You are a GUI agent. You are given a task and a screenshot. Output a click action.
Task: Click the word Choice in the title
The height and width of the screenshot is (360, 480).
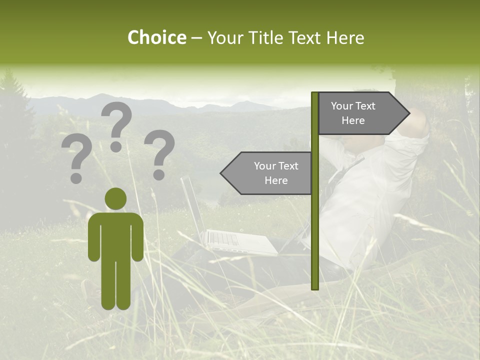pos(156,38)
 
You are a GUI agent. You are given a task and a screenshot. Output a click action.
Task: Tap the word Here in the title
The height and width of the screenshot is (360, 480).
pos(345,38)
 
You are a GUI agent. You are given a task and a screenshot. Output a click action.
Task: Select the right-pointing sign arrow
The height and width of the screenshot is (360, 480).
pos(360,113)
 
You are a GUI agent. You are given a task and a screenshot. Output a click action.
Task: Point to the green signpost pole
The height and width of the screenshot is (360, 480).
pos(315,225)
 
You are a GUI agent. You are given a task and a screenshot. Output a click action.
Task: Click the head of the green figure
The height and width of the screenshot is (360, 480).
pos(115,198)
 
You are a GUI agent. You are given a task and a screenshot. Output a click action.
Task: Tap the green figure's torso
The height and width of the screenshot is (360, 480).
pos(115,235)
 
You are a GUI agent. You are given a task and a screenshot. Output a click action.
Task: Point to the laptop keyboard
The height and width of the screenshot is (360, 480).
pos(225,238)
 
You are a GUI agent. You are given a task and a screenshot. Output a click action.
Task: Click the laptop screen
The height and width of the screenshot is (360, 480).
pos(192,205)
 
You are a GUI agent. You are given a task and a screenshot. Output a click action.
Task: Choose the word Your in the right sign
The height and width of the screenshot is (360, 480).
pos(341,106)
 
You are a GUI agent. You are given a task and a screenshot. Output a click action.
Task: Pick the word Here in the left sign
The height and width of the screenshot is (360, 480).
pos(276,180)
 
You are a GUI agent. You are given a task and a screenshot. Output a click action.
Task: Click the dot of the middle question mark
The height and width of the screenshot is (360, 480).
pos(116,146)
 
